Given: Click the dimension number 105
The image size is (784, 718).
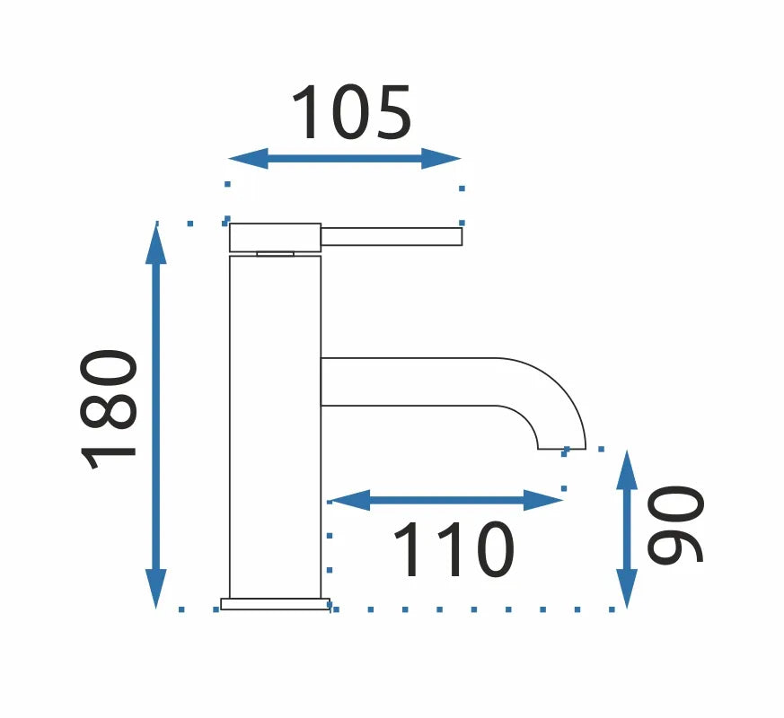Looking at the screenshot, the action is pyautogui.click(x=351, y=112).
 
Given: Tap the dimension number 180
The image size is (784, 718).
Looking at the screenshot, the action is pyautogui.click(x=108, y=410).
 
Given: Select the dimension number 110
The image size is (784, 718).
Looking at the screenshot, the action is pyautogui.click(x=454, y=549).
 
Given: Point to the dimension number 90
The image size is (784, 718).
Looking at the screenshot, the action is pyautogui.click(x=675, y=525).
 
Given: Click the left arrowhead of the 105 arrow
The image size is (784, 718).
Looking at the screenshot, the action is pyautogui.click(x=248, y=158).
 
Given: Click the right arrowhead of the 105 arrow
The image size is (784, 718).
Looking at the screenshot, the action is pyautogui.click(x=441, y=158).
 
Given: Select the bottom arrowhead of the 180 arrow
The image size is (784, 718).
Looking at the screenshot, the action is pyautogui.click(x=156, y=589).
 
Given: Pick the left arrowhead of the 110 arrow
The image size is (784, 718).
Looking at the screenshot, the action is pyautogui.click(x=348, y=500).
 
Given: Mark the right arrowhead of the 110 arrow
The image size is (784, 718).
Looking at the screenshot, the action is pyautogui.click(x=543, y=500).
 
